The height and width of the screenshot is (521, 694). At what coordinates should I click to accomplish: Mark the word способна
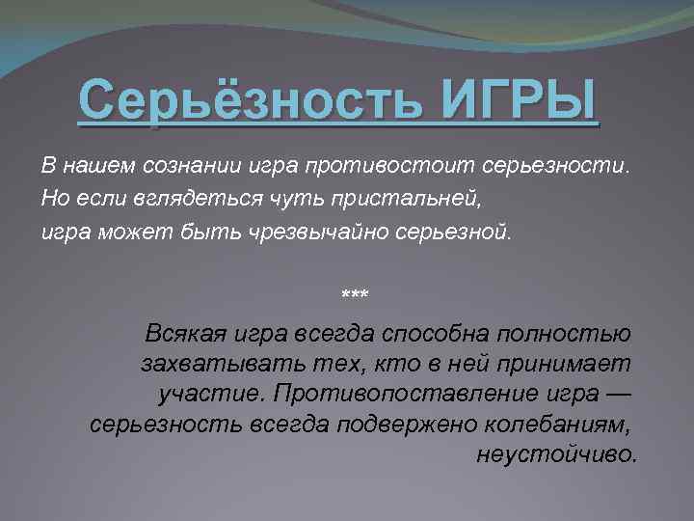[439, 335]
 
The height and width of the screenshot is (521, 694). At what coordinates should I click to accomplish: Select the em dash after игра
[618, 395]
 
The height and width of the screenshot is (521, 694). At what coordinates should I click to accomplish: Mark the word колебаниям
[558, 425]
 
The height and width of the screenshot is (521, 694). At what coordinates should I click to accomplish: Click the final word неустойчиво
[556, 454]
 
